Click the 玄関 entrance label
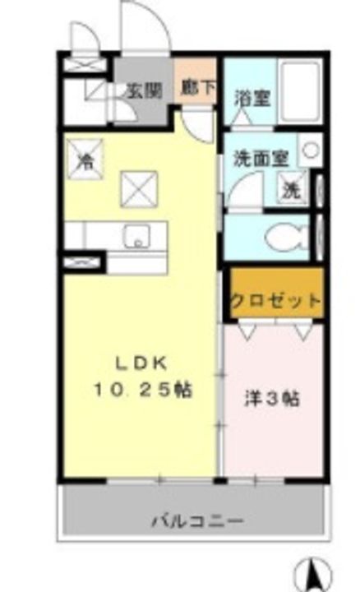point(143,90)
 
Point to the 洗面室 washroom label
point(259,158)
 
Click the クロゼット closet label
point(275,301)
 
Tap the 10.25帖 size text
point(143,391)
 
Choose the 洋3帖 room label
point(272,400)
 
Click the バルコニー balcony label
point(196,520)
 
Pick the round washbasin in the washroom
point(311,150)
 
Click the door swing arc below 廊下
point(197,123)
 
